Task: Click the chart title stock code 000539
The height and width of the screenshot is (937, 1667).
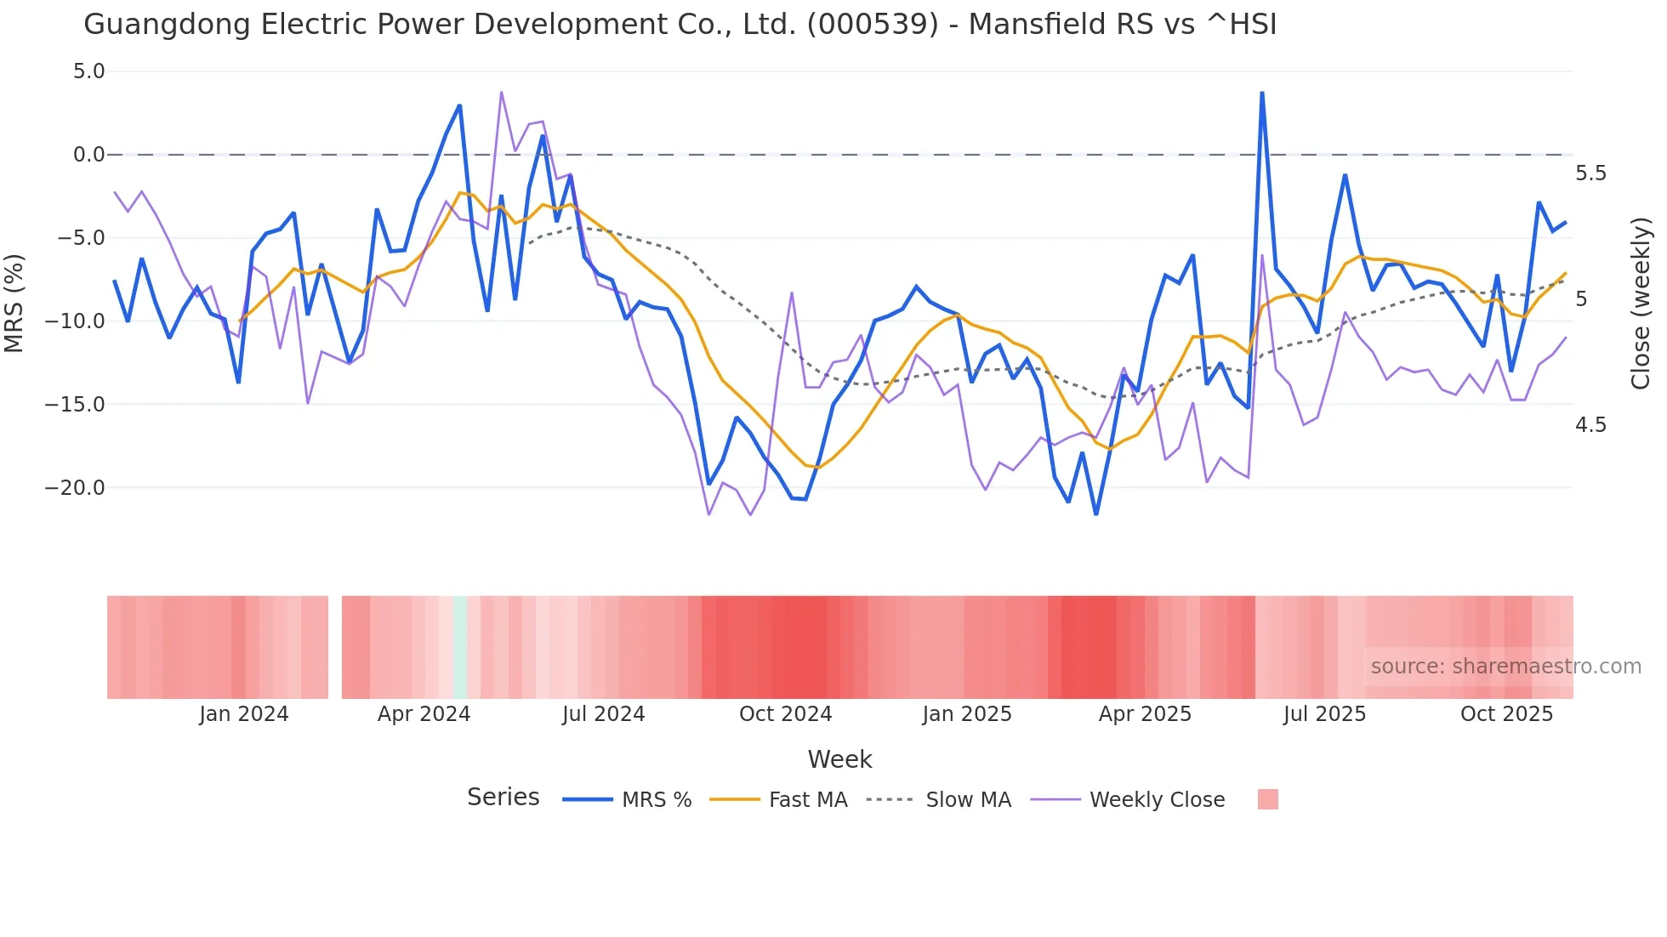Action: [x=872, y=24]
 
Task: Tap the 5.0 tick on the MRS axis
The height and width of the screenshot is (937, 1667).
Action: [x=88, y=71]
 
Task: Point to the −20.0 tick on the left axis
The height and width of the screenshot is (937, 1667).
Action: [x=75, y=488]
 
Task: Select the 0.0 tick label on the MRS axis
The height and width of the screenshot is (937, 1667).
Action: [x=88, y=155]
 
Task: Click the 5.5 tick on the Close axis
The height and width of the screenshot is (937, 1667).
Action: [x=1590, y=173]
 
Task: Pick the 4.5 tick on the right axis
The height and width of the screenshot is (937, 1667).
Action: [x=1590, y=424]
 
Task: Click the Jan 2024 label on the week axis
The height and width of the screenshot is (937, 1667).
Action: [x=244, y=714]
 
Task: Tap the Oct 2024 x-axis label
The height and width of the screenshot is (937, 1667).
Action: [x=785, y=714]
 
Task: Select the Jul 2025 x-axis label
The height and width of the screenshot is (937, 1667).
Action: [x=1324, y=714]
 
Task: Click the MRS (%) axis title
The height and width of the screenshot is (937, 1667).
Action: [x=14, y=303]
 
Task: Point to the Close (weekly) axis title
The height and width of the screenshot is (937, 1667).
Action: [x=1641, y=303]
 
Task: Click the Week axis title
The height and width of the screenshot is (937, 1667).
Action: [x=839, y=759]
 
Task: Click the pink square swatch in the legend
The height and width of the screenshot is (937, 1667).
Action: [x=1267, y=800]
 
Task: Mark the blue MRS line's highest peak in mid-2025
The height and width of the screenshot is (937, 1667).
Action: [x=1262, y=93]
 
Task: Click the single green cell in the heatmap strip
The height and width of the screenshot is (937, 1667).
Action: [x=460, y=648]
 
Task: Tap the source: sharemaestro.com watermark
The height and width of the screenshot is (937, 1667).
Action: [x=1505, y=667]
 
